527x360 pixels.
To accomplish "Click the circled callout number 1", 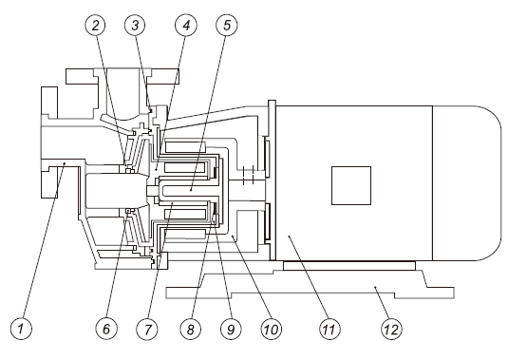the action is click(21, 329).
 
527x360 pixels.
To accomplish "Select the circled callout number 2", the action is click(96, 26).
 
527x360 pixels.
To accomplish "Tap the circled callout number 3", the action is click(135, 26).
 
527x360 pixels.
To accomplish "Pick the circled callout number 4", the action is click(186, 26).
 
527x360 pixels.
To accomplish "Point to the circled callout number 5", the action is click(227, 26).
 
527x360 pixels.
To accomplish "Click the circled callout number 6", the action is click(106, 329).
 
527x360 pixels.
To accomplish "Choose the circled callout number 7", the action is click(148, 329).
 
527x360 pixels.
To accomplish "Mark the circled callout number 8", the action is click(190, 329).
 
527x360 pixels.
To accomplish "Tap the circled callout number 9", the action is click(231, 329).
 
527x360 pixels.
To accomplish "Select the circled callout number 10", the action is click(272, 329).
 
